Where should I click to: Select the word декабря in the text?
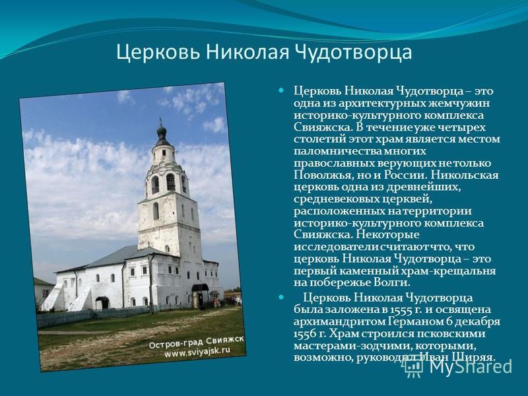[478, 322]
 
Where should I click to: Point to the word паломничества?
[337, 151]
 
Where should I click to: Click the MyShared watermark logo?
[458, 366]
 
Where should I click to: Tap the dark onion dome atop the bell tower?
[162, 131]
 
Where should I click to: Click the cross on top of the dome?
[160, 121]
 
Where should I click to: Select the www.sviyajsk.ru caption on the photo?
[197, 352]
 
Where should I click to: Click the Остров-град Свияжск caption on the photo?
[196, 343]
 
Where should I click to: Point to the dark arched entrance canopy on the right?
[200, 288]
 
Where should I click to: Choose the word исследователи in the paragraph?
[337, 247]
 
